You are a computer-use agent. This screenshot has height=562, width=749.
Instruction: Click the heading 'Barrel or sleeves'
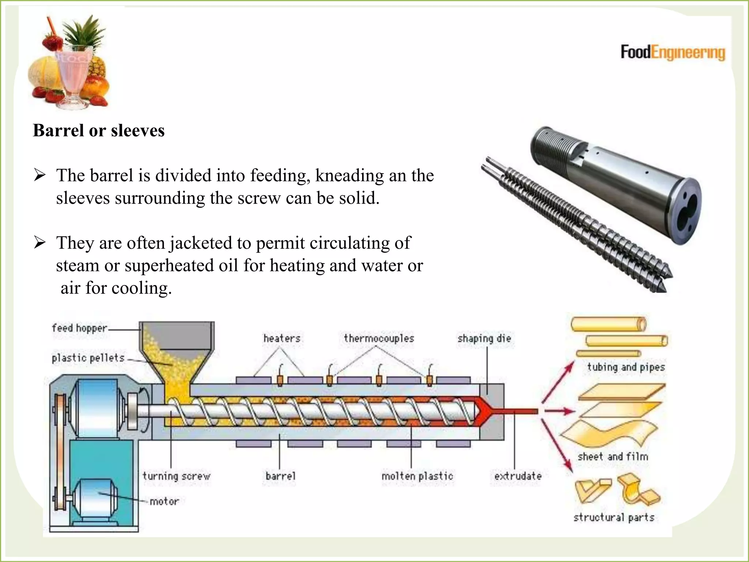pyautogui.click(x=99, y=131)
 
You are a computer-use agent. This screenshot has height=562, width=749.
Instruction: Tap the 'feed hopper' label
pyautogui.click(x=79, y=328)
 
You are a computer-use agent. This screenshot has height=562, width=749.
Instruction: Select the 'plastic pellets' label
pyautogui.click(x=88, y=358)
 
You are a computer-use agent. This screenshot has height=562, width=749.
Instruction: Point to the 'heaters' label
pyautogui.click(x=282, y=338)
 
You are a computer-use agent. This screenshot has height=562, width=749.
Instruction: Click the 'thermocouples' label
pyautogui.click(x=379, y=338)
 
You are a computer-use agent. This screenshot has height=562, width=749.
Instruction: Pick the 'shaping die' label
pyautogui.click(x=484, y=338)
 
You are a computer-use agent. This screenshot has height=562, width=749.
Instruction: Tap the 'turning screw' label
pyautogui.click(x=176, y=476)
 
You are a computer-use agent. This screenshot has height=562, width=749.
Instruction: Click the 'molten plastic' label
pyautogui.click(x=417, y=476)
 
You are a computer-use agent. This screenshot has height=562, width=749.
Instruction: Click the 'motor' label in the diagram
pyautogui.click(x=164, y=501)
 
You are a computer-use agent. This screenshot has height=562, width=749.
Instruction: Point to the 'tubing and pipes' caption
pyautogui.click(x=626, y=367)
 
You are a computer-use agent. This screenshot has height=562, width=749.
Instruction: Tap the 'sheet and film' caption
pyautogui.click(x=613, y=457)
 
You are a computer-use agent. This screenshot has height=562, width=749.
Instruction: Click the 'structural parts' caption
pyautogui.click(x=614, y=517)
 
